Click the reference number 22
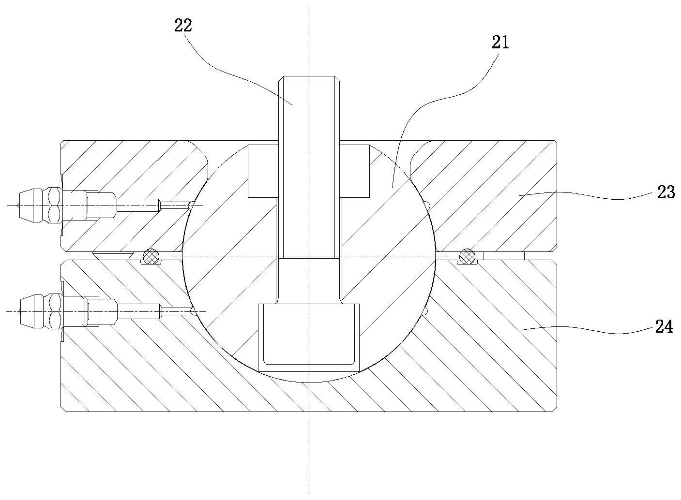183,25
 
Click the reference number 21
500,43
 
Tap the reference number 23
666,192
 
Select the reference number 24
664,327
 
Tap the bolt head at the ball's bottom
309,338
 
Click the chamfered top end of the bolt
309,79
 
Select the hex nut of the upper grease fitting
54,206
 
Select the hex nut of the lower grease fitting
54,312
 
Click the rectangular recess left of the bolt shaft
263,171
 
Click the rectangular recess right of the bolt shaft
354,171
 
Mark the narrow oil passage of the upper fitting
175,206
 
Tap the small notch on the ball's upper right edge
428,206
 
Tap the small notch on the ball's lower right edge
425,312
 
